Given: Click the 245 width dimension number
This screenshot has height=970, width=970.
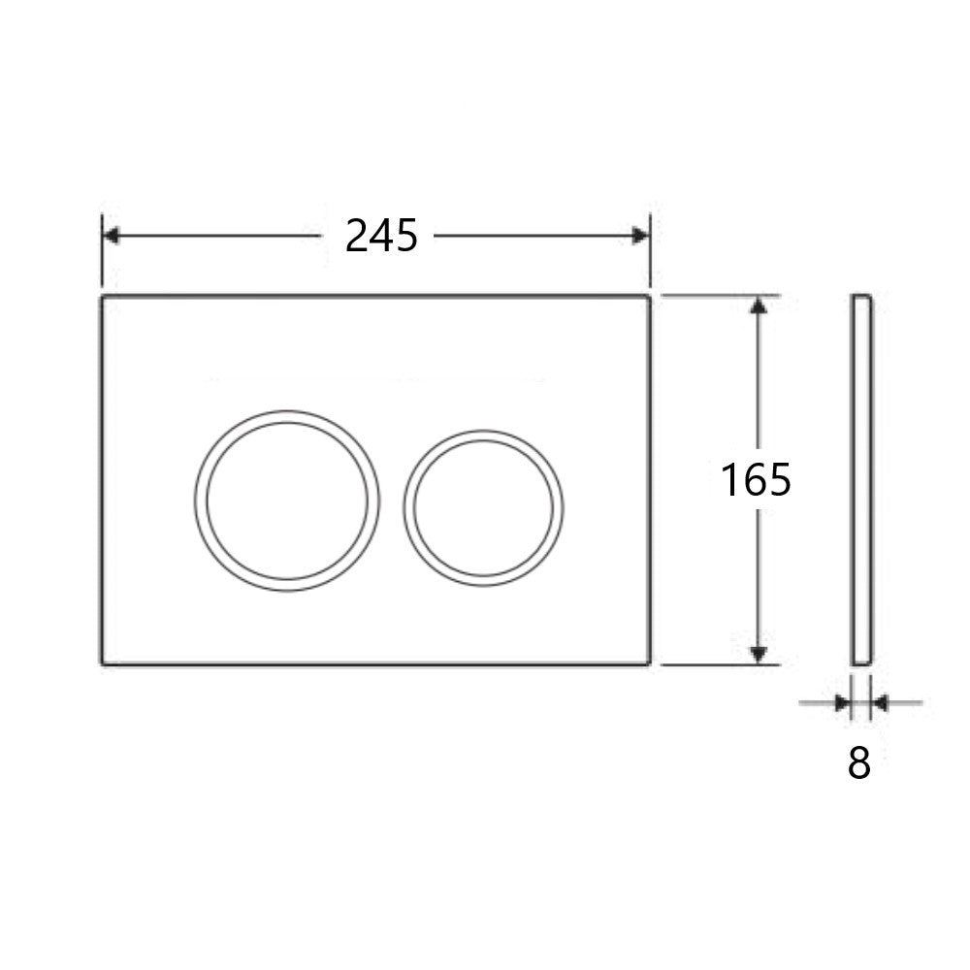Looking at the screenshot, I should (381, 236).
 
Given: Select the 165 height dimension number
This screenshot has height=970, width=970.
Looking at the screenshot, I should (756, 480).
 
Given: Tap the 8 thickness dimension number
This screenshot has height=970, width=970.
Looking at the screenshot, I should (859, 763).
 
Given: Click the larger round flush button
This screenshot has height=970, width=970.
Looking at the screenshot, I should (287, 501).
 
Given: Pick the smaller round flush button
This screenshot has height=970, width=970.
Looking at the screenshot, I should (485, 508).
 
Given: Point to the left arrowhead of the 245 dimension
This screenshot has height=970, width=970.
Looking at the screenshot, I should (111, 236).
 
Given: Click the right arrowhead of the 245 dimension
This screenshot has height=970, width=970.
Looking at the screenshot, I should (640, 236).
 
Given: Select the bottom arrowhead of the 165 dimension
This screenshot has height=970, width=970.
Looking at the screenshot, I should (759, 656).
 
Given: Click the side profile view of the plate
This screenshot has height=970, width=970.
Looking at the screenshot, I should (862, 480).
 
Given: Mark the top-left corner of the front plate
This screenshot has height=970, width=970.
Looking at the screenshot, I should (103, 296).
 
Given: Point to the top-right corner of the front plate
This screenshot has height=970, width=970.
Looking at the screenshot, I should (648, 296).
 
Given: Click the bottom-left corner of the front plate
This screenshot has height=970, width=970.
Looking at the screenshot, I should (103, 663).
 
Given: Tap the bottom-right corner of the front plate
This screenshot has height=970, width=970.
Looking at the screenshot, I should (648, 663).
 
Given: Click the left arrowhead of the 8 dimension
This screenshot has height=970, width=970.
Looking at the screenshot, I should (842, 701).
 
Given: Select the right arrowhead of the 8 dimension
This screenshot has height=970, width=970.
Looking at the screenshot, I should (879, 701).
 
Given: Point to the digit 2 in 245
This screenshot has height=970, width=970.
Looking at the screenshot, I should (357, 236).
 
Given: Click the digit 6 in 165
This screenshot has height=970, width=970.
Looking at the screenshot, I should (756, 480).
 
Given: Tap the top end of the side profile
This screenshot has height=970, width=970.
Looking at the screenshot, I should (862, 296).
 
